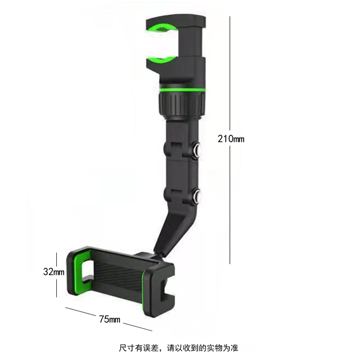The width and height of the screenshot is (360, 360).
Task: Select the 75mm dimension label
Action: pos(109,320)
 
